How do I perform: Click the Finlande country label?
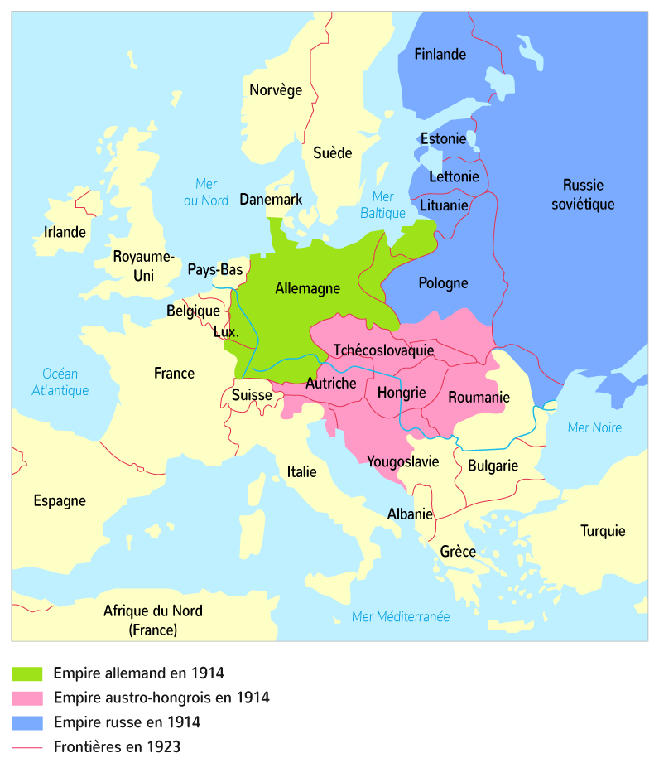pyautogui.click(x=440, y=55)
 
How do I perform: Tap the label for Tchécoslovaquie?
pyautogui.click(x=383, y=350)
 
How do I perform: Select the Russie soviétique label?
pyautogui.click(x=583, y=194)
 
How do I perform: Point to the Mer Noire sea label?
pyautogui.click(x=594, y=427)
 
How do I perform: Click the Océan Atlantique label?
pyautogui.click(x=60, y=382)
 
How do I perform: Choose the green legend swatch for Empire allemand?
pyautogui.click(x=27, y=673)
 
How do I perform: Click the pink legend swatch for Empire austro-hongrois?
pyautogui.click(x=27, y=698)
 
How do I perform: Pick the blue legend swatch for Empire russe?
pyautogui.click(x=27, y=722)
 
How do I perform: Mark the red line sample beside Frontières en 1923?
pyautogui.click(x=27, y=747)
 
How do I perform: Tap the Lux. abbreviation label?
pyautogui.click(x=225, y=331)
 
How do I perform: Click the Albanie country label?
pyautogui.click(x=410, y=514)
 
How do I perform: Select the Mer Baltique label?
pyautogui.click(x=382, y=205)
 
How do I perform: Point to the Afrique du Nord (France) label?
pyautogui.click(x=152, y=620)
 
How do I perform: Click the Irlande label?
pyautogui.click(x=65, y=232)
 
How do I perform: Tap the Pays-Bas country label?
pyautogui.click(x=215, y=269)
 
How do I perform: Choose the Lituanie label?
pyautogui.click(x=444, y=204)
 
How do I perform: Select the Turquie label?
pyautogui.click(x=602, y=531)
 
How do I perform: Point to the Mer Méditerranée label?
pyautogui.click(x=401, y=616)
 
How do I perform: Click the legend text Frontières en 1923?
pyautogui.click(x=117, y=747)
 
